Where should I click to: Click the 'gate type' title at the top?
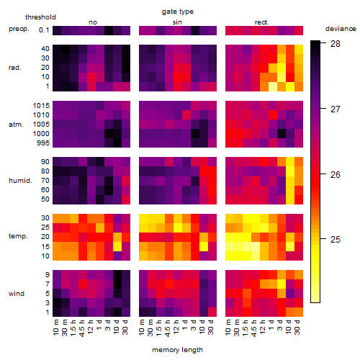(x=178, y=12)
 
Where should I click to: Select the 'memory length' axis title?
(x=177, y=350)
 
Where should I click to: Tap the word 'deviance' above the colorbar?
(x=341, y=29)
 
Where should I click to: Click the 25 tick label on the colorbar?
(x=336, y=239)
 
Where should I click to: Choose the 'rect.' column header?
(x=261, y=22)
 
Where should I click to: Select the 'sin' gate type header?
(x=177, y=22)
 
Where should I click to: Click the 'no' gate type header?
(x=93, y=22)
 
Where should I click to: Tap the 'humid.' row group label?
(x=20, y=181)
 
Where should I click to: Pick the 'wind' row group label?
(x=17, y=294)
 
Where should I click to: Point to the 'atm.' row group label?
(x=16, y=125)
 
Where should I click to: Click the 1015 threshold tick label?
(x=41, y=106)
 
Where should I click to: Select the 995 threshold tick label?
(x=43, y=143)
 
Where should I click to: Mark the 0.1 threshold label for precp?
(x=44, y=30)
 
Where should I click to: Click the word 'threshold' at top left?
(x=40, y=17)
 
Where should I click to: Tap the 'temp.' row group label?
(x=18, y=236)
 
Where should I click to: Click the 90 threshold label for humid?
(x=45, y=162)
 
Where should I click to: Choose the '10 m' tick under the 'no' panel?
(x=55, y=328)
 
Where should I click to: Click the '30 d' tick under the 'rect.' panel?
(x=297, y=328)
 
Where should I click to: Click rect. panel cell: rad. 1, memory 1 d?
(x=273, y=86)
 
